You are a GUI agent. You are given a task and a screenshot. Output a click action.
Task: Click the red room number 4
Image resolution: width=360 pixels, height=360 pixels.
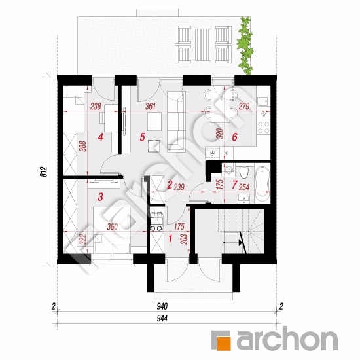pos(100,137)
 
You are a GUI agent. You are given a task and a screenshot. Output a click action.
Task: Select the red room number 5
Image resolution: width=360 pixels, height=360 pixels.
pos(142,137)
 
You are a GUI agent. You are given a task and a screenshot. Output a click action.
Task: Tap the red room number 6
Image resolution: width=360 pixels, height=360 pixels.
pos(234,137)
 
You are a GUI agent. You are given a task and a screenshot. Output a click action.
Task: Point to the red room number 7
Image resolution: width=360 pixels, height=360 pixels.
pos(234,185)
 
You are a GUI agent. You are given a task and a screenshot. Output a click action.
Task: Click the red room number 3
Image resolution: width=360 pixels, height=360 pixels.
pos(100,197)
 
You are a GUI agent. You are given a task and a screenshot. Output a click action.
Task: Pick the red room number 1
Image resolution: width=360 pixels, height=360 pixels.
pos(170,238)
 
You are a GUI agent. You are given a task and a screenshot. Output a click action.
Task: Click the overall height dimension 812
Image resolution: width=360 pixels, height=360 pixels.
pos(44,171)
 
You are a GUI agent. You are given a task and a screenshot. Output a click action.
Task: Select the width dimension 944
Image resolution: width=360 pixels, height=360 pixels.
pos(162,319)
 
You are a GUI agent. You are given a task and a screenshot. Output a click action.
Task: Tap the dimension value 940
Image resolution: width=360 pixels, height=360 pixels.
pos(162,306)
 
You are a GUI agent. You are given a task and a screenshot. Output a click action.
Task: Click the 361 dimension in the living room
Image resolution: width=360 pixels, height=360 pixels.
pos(151,106)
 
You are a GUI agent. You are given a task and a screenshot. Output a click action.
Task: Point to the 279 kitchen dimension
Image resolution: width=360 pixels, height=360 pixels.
pos(244,106)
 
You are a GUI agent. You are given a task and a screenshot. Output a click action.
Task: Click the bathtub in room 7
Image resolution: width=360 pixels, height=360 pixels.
pos(262,183)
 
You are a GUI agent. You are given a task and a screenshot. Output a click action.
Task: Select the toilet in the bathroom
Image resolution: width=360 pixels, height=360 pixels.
pos(244,171)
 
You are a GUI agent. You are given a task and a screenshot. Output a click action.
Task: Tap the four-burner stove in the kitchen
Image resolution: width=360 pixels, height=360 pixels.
pos(263,128)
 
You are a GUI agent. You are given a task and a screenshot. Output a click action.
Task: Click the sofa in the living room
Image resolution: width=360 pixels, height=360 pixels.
pos(176,121)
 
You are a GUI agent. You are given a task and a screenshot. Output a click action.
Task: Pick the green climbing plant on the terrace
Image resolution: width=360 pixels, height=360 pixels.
pos(245,46)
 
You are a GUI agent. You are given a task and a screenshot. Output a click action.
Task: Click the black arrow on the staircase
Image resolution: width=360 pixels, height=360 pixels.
pos(241,242)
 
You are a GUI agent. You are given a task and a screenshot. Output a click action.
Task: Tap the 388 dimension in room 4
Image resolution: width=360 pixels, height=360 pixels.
pos(84,146)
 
